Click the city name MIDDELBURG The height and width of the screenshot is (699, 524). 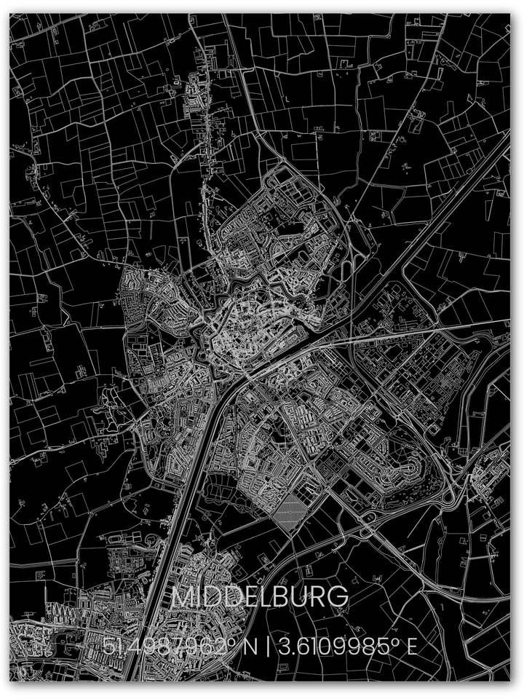(260, 597)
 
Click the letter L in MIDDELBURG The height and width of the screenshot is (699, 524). (262, 597)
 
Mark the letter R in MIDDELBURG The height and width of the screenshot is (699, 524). (317, 597)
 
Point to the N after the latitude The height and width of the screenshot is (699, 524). (250, 646)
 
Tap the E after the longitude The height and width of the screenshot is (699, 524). (411, 646)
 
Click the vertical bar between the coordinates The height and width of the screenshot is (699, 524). (268, 646)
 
